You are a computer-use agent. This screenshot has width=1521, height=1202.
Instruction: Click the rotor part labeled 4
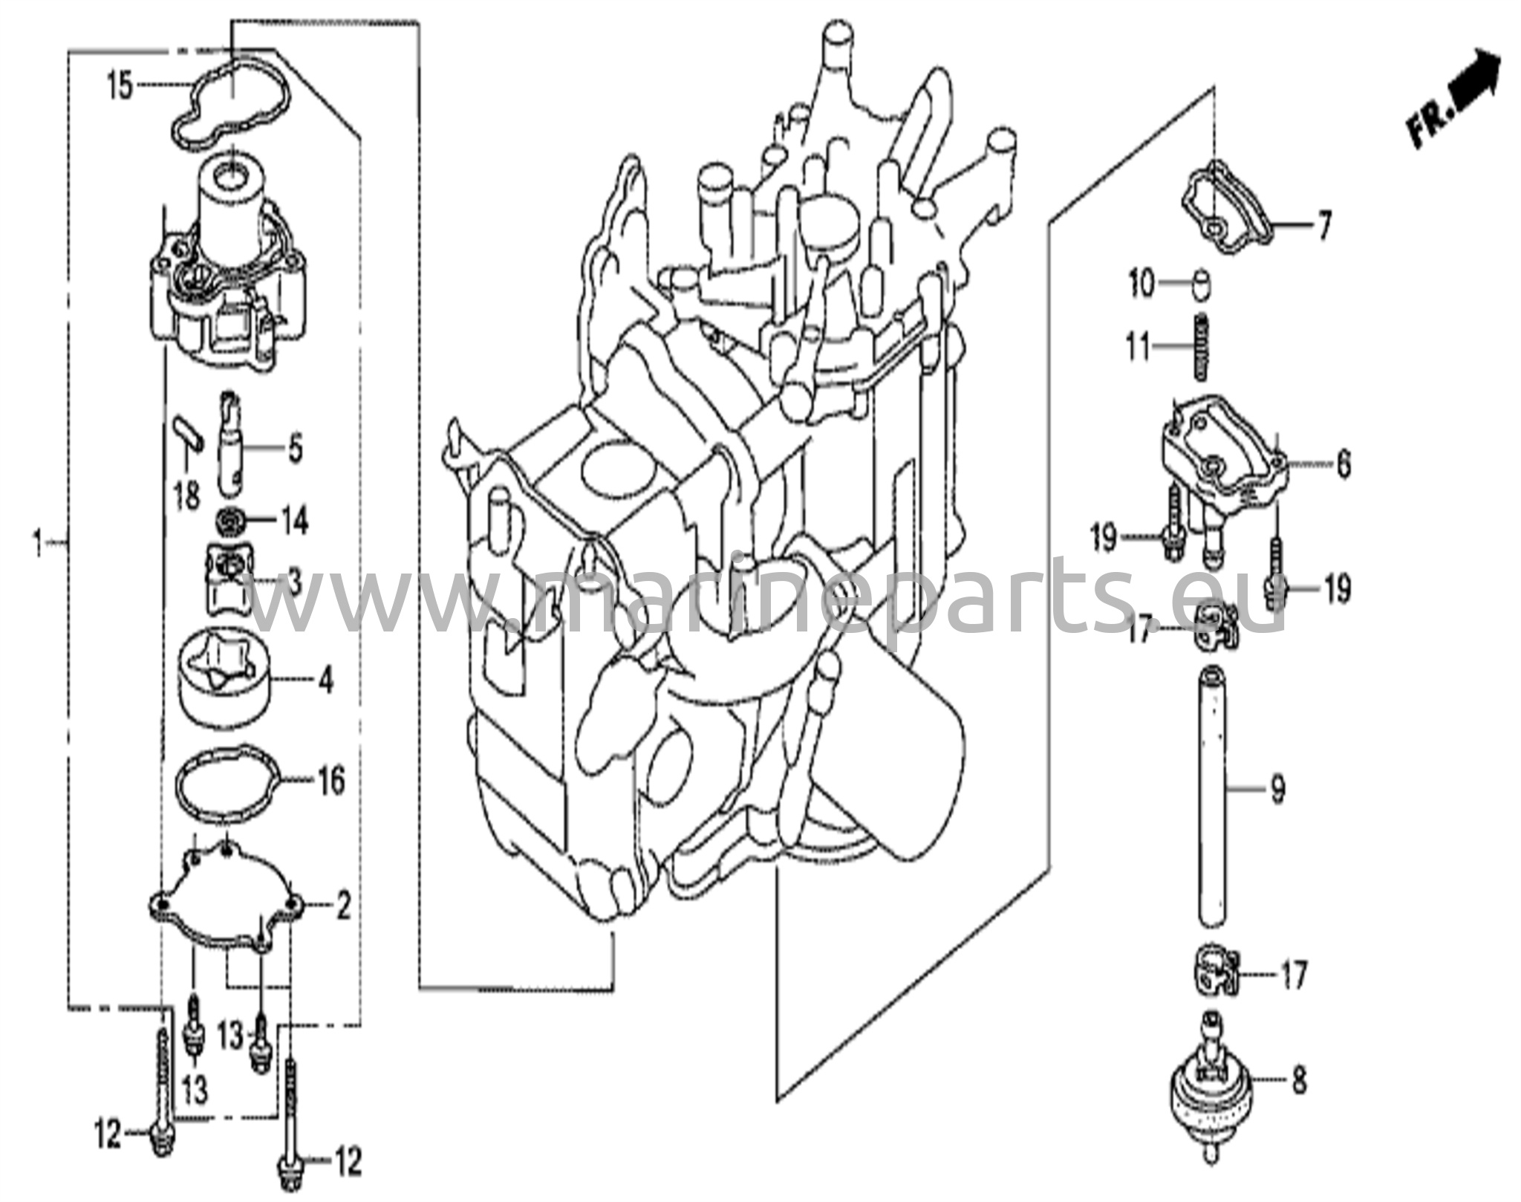(226, 678)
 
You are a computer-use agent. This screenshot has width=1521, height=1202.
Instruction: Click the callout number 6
(1343, 465)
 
